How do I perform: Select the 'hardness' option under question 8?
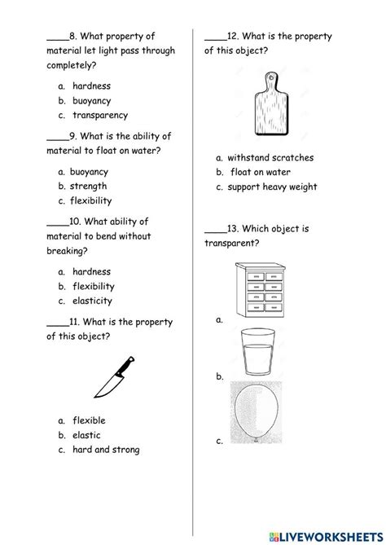coord(91,86)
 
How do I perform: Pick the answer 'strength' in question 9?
coord(88,187)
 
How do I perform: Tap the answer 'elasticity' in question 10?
coord(90,301)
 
